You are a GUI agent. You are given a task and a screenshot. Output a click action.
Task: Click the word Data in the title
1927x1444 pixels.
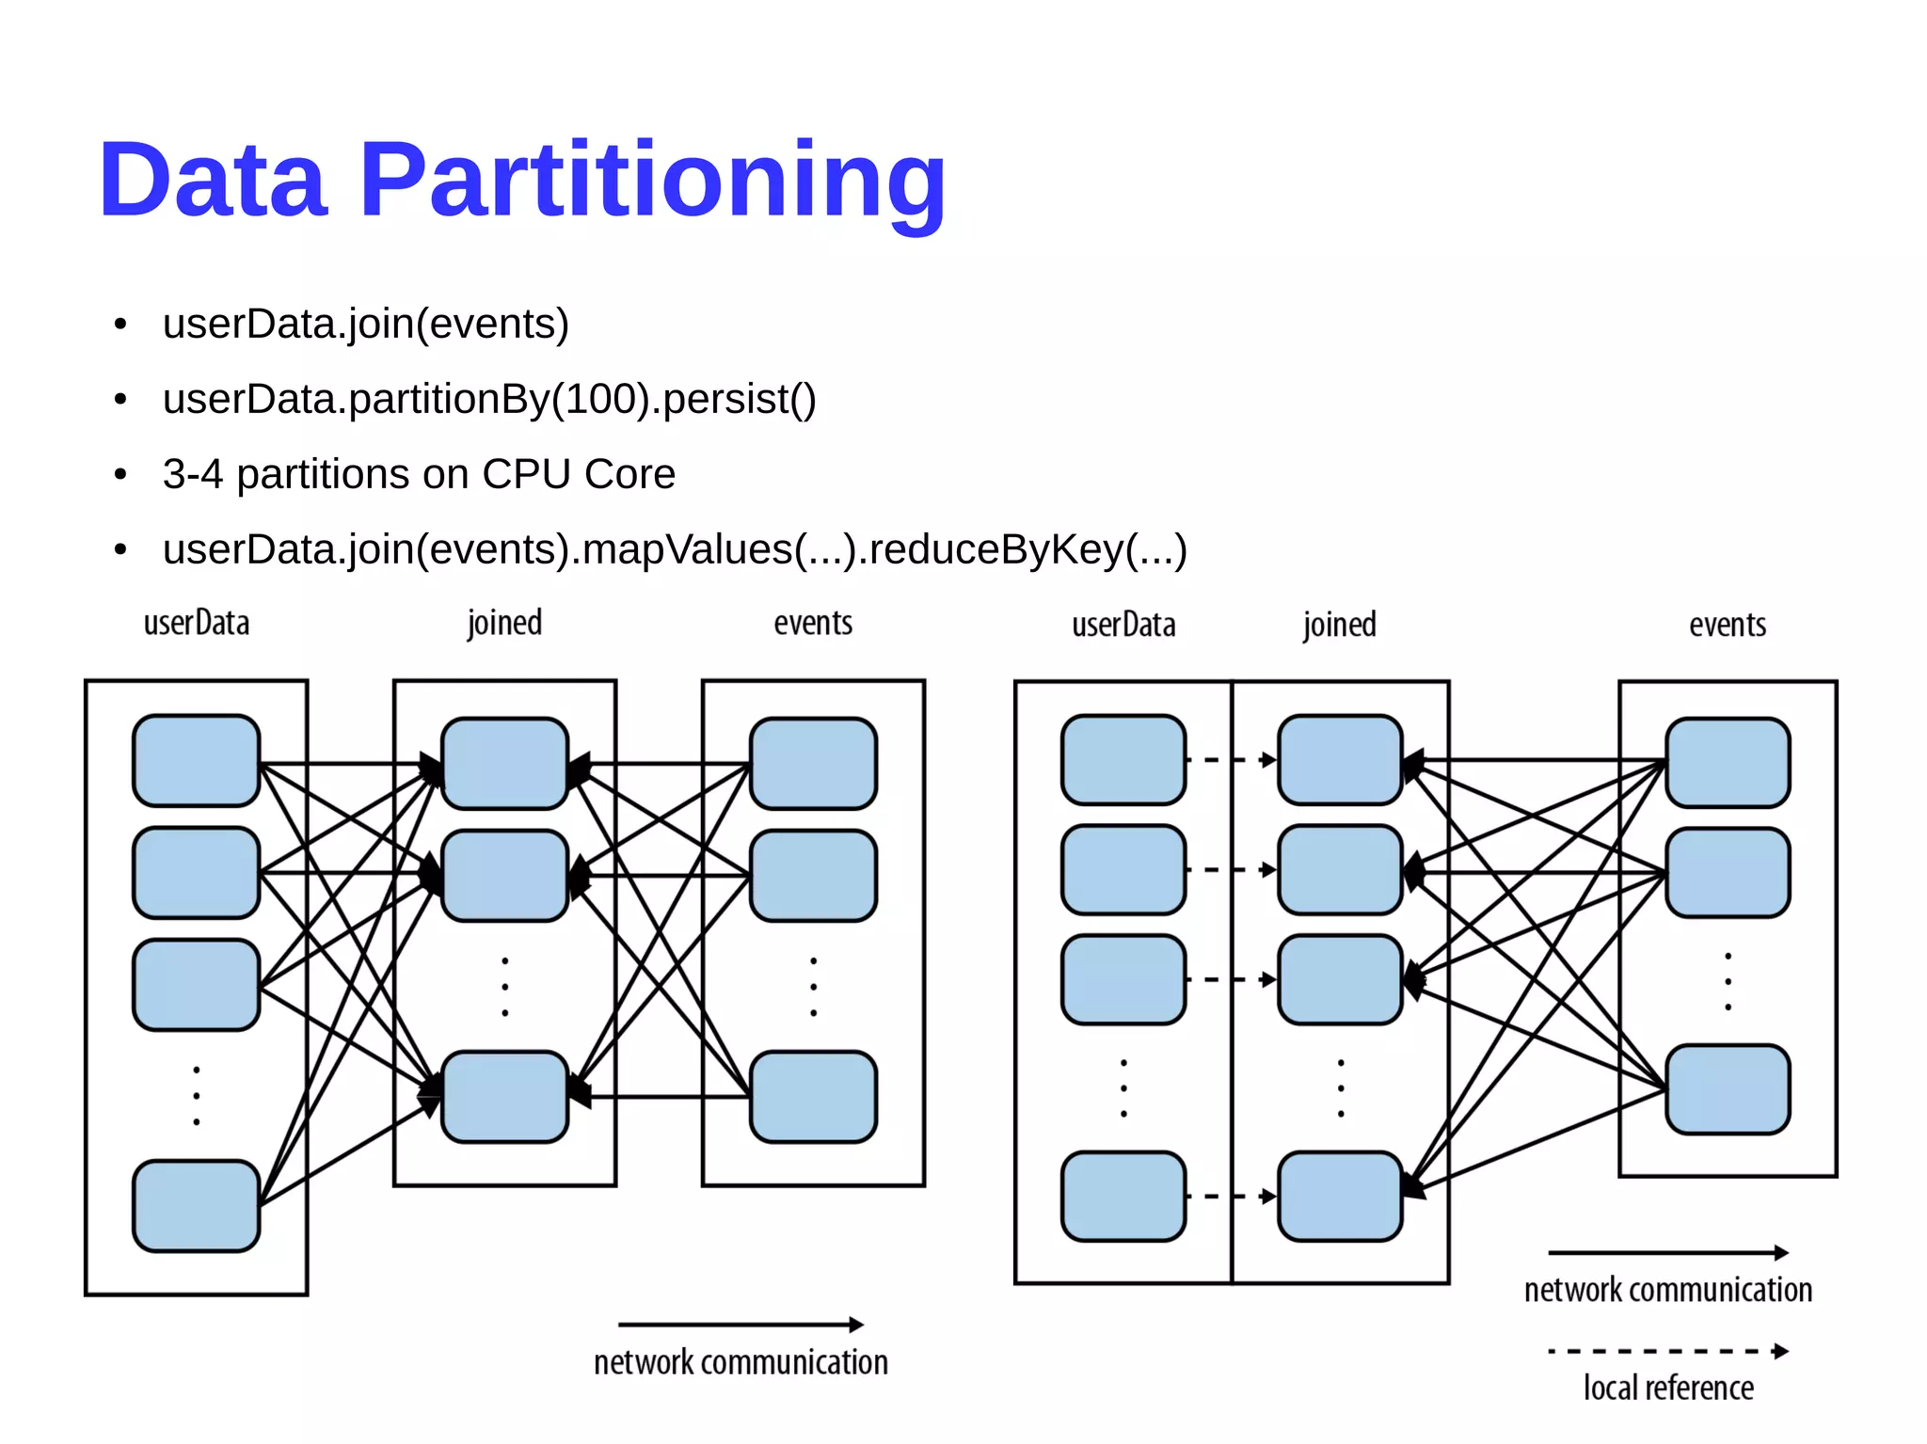pos(214,181)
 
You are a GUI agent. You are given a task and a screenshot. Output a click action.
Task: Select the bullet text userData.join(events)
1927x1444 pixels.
pos(365,325)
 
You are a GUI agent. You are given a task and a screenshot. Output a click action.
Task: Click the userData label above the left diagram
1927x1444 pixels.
pos(196,624)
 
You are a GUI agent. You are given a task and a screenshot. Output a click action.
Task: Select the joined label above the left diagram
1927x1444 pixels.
pos(504,624)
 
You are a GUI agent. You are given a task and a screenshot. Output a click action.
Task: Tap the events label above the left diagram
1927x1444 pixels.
pos(813,624)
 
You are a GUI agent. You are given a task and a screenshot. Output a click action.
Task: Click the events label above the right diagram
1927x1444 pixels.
pos(1728,626)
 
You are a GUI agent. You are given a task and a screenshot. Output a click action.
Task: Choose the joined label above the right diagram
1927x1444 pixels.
pos(1339,626)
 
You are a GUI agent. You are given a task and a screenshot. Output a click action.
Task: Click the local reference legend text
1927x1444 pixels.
pos(1668,1388)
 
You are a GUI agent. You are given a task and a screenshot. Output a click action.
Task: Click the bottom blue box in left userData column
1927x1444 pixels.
pos(196,1206)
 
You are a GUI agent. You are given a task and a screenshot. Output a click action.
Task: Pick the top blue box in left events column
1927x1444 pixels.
pos(813,763)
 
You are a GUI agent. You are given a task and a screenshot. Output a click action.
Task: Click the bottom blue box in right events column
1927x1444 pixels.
pos(1728,1089)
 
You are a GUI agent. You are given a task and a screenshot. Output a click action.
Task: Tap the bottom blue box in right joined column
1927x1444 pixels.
pos(1340,1197)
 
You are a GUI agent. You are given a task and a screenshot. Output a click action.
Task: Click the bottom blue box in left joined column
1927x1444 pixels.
pos(504,1097)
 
